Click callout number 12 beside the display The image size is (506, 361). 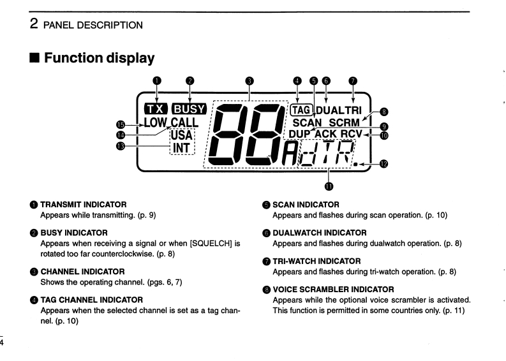tap(383, 163)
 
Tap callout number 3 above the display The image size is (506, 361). tap(249, 81)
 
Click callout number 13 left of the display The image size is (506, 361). tap(120, 145)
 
